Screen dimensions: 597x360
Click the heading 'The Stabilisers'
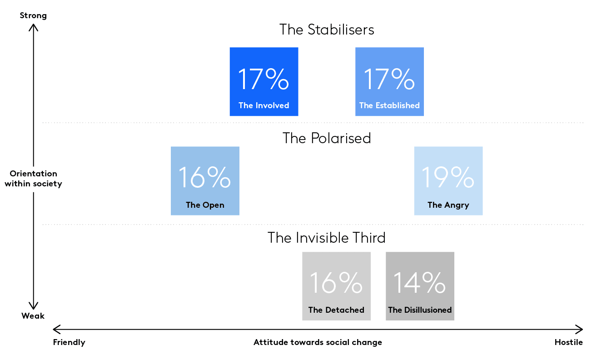(327, 30)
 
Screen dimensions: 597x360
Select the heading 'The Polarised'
(327, 138)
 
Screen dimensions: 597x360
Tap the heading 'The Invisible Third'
(327, 238)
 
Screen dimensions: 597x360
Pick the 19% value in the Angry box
(448, 177)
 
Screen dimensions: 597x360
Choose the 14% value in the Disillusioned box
(420, 282)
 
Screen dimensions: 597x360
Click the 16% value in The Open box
(205, 177)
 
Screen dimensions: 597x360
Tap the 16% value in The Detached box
(336, 282)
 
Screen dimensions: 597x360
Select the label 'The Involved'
(264, 105)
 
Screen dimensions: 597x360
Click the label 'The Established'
(389, 105)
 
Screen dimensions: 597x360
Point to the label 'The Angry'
(448, 205)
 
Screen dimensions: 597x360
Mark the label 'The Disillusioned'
(420, 310)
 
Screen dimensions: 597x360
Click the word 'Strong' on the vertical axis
(33, 16)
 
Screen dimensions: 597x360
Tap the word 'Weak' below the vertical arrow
(33, 316)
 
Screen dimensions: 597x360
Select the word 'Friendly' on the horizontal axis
(69, 342)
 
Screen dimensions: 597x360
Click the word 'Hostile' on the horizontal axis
(569, 342)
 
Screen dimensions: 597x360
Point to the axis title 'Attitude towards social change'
(318, 342)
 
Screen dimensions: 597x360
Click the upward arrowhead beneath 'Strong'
(33, 27)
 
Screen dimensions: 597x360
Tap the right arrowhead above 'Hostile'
(579, 330)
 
